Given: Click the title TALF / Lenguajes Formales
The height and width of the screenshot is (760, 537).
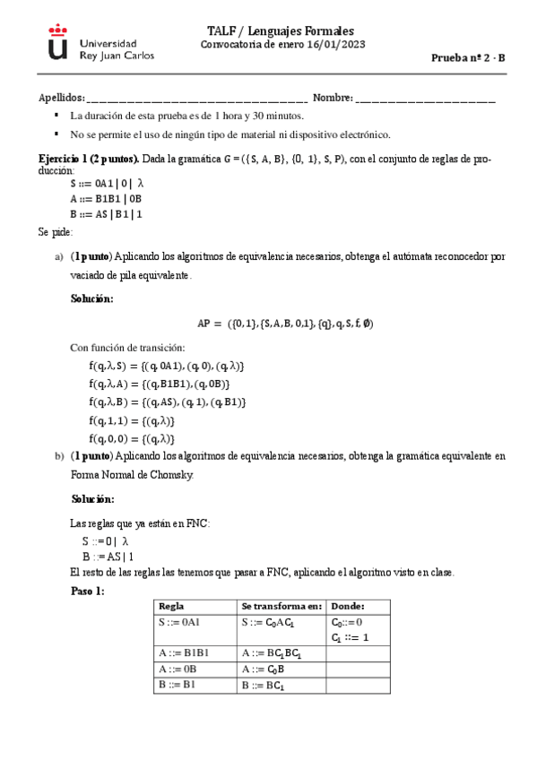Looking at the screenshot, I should (x=280, y=30).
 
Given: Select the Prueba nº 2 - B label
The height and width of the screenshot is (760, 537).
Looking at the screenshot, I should (x=469, y=56).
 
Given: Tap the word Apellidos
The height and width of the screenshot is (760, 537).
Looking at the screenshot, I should (x=61, y=98).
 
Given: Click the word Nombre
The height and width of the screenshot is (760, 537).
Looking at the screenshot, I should (x=332, y=98).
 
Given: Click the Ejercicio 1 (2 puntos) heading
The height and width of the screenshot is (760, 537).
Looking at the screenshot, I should (x=87, y=159).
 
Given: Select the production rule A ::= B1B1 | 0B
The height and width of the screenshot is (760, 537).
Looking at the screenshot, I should (x=106, y=199).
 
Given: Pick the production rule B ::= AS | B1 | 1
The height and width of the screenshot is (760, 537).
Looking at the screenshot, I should (x=106, y=214).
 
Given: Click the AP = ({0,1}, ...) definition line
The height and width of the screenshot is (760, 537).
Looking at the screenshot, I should (x=284, y=323).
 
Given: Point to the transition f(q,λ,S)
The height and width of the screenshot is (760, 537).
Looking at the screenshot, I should (x=166, y=366).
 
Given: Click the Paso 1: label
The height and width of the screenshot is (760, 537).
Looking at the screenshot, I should (x=88, y=592).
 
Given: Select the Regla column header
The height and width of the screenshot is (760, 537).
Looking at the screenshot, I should (x=171, y=607).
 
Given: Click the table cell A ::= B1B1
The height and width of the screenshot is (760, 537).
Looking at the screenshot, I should (x=183, y=653).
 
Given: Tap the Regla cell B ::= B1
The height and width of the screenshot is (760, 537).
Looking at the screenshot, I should (x=177, y=686).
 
